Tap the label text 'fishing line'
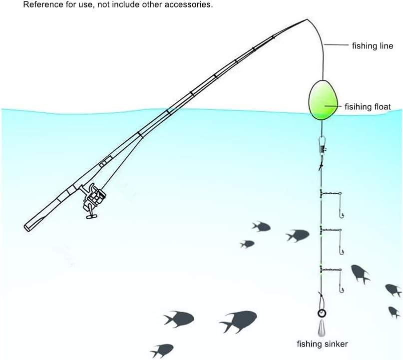pyautogui.click(x=373, y=46)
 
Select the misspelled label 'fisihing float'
pyautogui.click(x=368, y=106)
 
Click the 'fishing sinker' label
pyautogui.click(x=322, y=344)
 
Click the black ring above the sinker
pyautogui.click(x=322, y=314)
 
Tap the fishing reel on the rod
pyautogui.click(x=94, y=200)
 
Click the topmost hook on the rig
pyautogui.click(x=342, y=214)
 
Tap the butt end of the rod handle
pyautogui.click(x=27, y=228)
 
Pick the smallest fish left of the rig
pyautogui.click(x=247, y=244)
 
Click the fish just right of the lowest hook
pyautogui.click(x=360, y=273)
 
